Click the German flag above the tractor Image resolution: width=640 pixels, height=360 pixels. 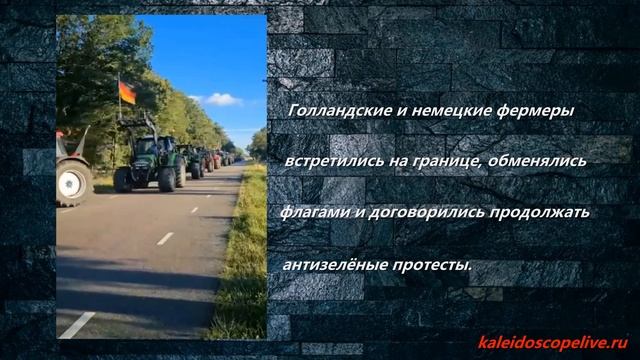pyautogui.click(x=127, y=93)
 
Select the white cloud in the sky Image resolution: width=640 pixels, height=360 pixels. pyautogui.click(x=221, y=99)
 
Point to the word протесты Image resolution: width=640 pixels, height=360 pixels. pyautogui.click(x=438, y=264)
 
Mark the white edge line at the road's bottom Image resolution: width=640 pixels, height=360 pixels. pyautogui.click(x=78, y=324)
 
